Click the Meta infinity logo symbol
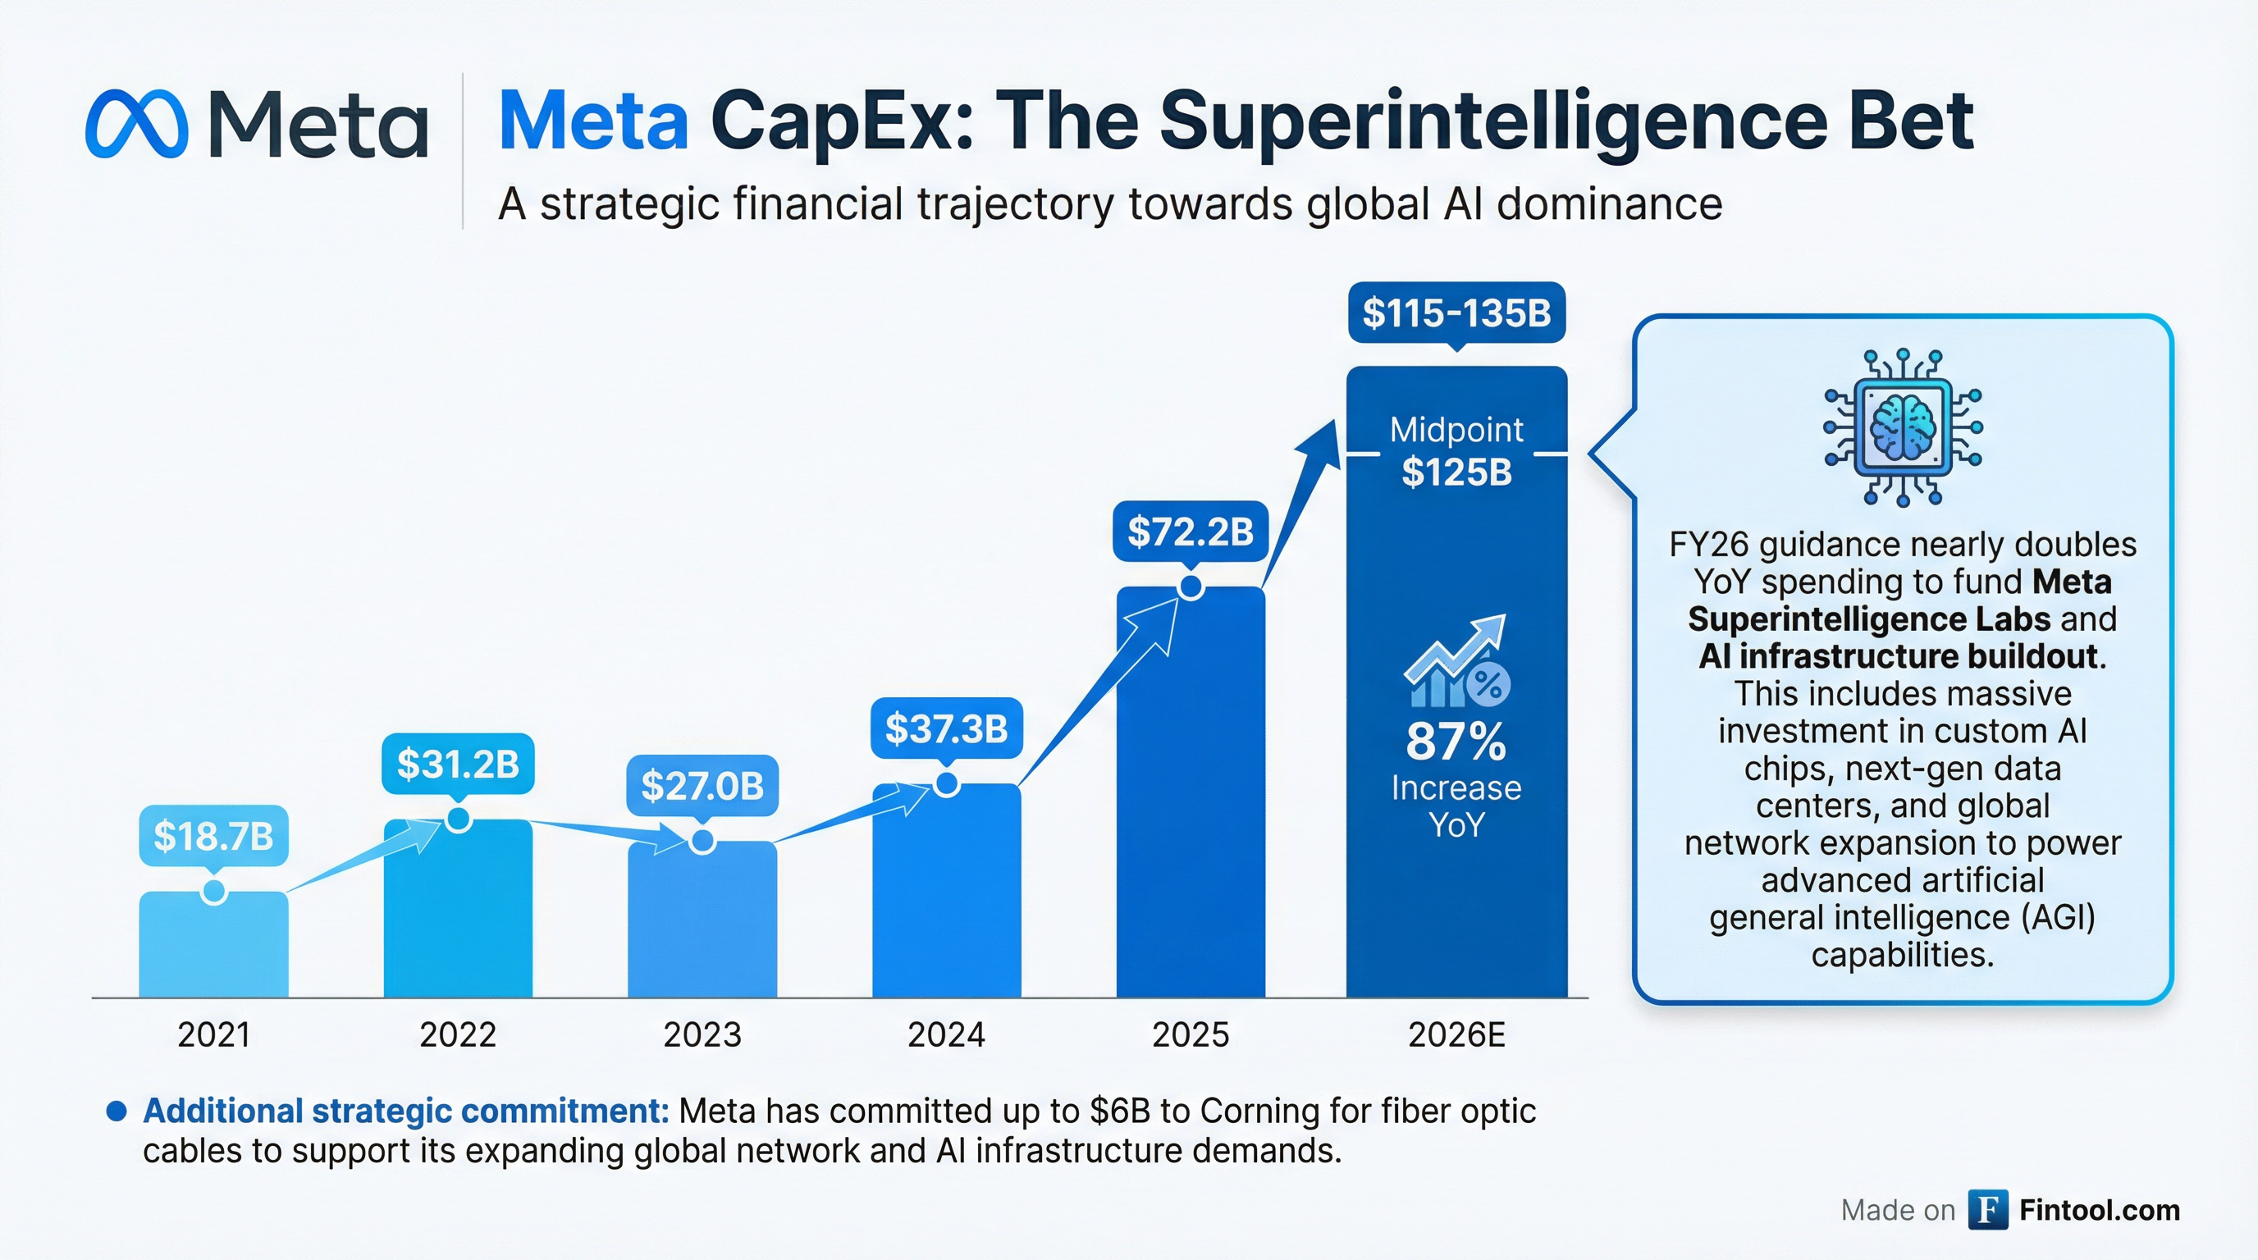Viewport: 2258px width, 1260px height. [137, 124]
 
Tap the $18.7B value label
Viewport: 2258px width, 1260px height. [214, 836]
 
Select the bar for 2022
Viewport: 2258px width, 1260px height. [458, 911]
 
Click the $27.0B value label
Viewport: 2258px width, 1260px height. [702, 785]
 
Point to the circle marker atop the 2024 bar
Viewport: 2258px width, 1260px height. [946, 783]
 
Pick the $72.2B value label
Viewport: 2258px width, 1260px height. [1190, 531]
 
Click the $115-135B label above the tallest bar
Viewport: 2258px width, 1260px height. [1456, 313]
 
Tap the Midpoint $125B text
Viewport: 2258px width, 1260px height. [1456, 452]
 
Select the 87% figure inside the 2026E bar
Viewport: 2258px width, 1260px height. [1456, 742]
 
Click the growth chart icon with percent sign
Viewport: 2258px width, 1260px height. [1456, 663]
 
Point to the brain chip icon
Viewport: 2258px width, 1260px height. [1902, 428]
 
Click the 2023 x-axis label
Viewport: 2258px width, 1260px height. [702, 1034]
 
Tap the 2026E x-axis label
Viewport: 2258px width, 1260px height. [1456, 1034]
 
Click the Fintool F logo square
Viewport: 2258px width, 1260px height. [1988, 1210]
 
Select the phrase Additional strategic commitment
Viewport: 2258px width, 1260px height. [406, 1111]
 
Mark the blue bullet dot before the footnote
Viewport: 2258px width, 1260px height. [116, 1111]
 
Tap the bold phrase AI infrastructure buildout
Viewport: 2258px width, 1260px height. [1901, 656]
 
